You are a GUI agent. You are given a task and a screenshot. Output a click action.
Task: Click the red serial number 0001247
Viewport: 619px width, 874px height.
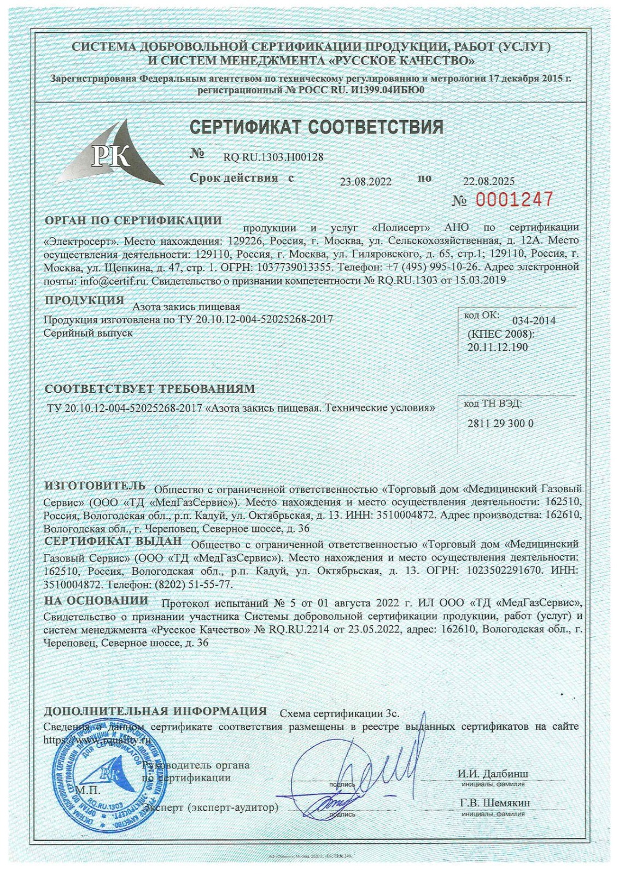point(513,200)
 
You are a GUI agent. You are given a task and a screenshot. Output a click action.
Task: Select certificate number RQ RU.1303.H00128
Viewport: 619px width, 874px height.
point(273,157)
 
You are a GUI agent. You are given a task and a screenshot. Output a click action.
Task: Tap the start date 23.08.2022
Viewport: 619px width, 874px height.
point(366,182)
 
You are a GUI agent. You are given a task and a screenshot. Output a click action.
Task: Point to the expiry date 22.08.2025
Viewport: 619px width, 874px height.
point(488,181)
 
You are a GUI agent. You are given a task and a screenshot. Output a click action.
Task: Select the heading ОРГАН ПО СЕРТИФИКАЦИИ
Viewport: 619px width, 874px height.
point(133,221)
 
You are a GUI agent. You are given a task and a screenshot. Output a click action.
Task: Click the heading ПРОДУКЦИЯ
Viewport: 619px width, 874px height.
point(84,300)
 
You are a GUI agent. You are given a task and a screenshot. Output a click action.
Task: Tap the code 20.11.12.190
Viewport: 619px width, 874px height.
point(498,347)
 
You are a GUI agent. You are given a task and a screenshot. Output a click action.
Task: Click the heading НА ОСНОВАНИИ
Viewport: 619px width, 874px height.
point(96,600)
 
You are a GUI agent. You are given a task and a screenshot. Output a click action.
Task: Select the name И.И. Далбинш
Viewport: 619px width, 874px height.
point(492,774)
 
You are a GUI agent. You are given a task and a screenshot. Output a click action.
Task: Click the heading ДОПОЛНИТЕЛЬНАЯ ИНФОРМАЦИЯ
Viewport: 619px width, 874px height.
point(155,711)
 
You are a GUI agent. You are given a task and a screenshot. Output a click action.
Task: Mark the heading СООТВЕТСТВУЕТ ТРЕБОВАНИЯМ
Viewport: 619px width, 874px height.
point(149,389)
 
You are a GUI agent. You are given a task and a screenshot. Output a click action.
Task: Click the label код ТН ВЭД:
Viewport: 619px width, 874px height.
point(492,404)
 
